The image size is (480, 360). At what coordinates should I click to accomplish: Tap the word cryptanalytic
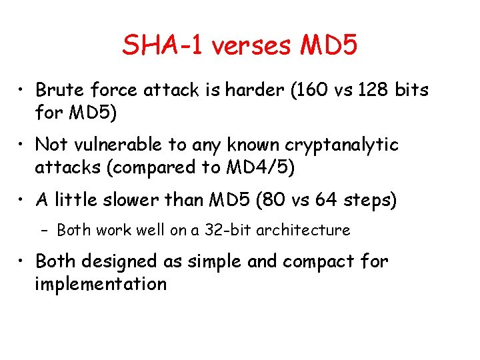point(342,144)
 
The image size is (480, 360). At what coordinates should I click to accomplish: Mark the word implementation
point(101,284)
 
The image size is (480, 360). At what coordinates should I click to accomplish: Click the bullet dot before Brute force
point(22,90)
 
